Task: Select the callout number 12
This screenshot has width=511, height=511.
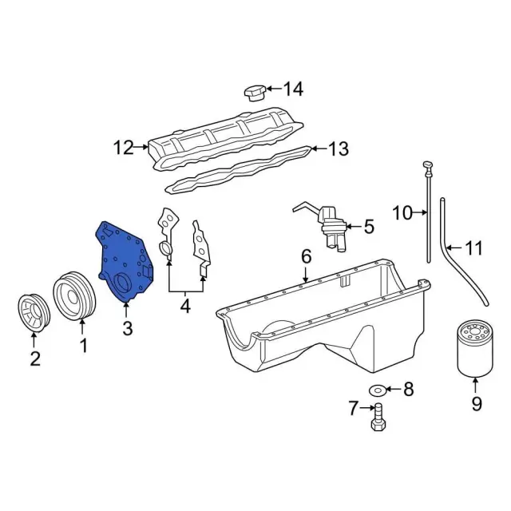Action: point(125,147)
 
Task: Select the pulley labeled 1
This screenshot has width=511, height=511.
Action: point(74,297)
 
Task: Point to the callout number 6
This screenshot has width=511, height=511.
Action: point(305,256)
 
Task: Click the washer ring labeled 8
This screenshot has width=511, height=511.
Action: point(378,390)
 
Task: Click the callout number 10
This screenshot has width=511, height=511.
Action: point(404,212)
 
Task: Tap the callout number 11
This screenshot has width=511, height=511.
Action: point(474,248)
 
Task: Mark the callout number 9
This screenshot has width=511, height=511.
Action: point(476,405)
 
